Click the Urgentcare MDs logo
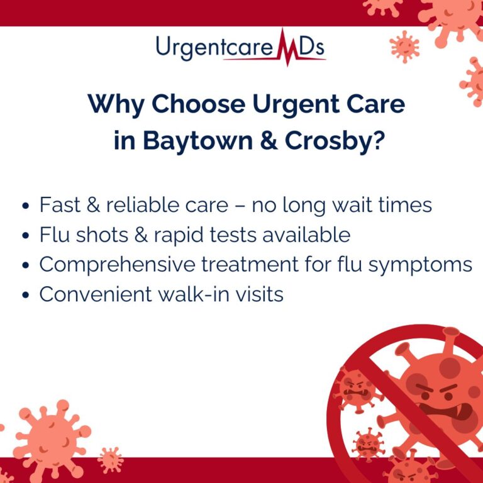(x=241, y=48)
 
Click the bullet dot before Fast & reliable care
(x=25, y=206)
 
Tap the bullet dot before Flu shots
(x=25, y=236)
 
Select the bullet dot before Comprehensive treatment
(x=25, y=265)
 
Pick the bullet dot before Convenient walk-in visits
(x=25, y=295)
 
